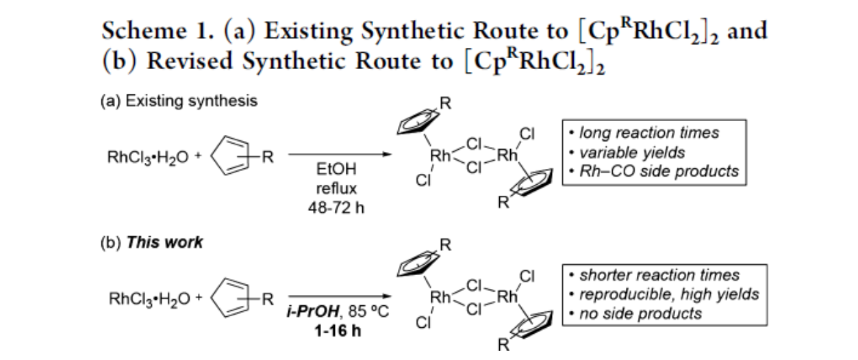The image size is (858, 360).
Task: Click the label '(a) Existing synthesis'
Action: click(x=179, y=102)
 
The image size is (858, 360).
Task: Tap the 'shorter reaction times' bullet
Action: click(x=659, y=275)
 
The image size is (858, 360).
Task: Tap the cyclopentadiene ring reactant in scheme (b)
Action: click(x=232, y=300)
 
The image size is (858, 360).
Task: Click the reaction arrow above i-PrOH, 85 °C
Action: click(x=340, y=296)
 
